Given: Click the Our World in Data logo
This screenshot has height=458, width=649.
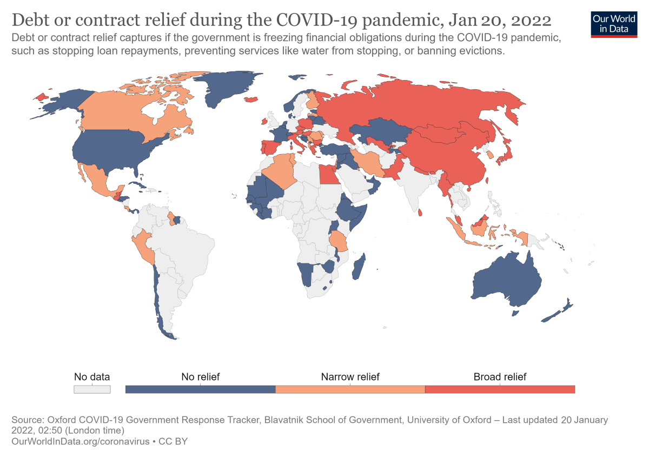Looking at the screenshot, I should click(x=614, y=23).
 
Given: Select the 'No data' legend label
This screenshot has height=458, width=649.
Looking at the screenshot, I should click(x=92, y=377).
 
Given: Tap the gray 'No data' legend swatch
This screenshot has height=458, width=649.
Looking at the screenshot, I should click(x=92, y=389).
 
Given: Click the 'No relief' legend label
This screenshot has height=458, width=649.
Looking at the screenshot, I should click(x=200, y=377).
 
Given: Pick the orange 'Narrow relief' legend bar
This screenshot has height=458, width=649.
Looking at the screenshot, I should click(x=350, y=389).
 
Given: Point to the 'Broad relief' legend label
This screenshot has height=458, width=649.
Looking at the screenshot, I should click(x=500, y=377).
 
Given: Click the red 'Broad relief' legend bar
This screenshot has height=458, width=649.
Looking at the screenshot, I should click(x=500, y=389).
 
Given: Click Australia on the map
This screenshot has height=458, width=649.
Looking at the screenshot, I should click(x=506, y=281).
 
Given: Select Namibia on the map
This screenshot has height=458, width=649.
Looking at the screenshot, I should click(x=305, y=274).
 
